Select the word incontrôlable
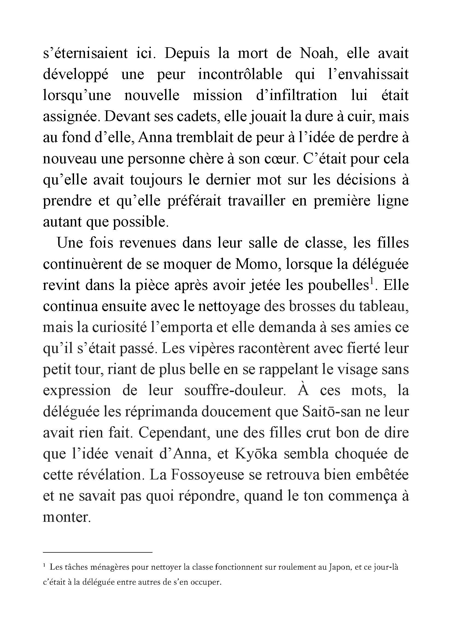(240, 74)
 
